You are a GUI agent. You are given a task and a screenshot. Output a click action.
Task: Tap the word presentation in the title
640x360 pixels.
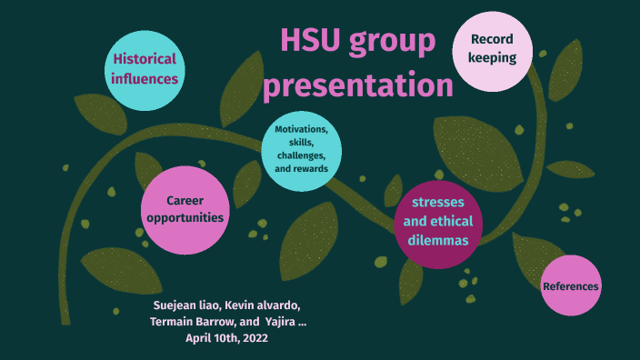[x=357, y=85]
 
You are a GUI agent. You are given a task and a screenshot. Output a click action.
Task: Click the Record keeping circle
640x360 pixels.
[x=493, y=49]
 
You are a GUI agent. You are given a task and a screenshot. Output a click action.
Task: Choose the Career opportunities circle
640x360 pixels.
[x=185, y=210]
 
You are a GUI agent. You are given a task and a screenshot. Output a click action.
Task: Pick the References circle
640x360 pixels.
[x=571, y=286]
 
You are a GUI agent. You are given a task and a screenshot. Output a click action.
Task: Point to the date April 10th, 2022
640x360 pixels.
[x=227, y=338]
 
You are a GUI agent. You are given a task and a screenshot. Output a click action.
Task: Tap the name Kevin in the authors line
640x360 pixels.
[x=241, y=305]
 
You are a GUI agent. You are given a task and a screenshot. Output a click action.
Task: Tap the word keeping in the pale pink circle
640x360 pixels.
[x=493, y=58]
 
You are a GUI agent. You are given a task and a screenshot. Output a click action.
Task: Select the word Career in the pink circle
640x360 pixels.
[x=185, y=200]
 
